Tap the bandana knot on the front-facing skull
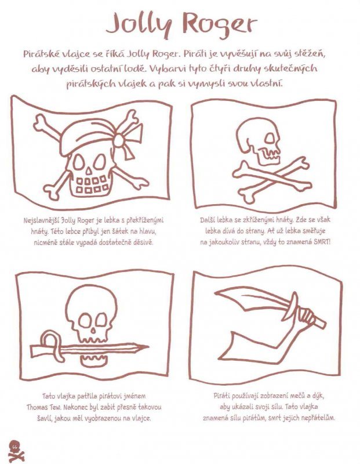point(119,140)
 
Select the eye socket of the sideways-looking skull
point(270,139)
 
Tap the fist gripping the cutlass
point(306,315)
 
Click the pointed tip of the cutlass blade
point(216,293)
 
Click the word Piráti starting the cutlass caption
point(222,396)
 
